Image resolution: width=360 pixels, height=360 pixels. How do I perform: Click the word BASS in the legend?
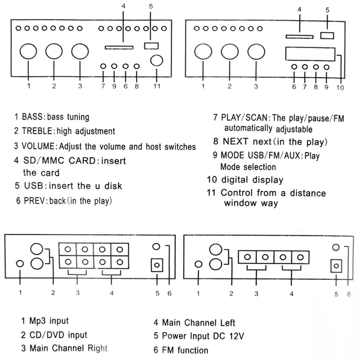pos(32,117)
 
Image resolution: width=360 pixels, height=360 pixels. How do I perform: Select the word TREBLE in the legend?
pos(37,131)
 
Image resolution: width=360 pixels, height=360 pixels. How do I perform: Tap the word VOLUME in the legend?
pos(38,146)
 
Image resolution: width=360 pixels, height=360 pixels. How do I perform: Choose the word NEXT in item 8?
pos(235,141)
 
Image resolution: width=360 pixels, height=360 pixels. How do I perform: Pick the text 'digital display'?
pos(252,180)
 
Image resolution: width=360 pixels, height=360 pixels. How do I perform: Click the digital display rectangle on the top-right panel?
pos(310,54)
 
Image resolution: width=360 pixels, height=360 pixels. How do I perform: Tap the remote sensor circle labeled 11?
pos(157,61)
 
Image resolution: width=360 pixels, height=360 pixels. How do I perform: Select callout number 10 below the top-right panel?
pos(340,88)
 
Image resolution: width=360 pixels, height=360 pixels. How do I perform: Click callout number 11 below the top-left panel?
pos(157,86)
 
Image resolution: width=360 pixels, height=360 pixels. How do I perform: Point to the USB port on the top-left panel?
pos(151,46)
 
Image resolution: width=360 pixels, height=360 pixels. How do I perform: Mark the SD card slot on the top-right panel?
pos(300,37)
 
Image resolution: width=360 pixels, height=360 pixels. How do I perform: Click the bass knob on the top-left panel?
pos(28,51)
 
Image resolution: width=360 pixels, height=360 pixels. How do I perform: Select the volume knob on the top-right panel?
pos(256,52)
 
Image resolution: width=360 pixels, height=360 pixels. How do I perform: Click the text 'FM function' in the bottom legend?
pos(185,350)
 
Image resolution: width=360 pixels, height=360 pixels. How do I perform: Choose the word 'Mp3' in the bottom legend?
pos(38,321)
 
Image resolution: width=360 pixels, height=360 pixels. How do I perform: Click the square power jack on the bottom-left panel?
pos(157,265)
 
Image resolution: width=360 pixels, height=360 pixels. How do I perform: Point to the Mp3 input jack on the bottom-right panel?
pos(198,264)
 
